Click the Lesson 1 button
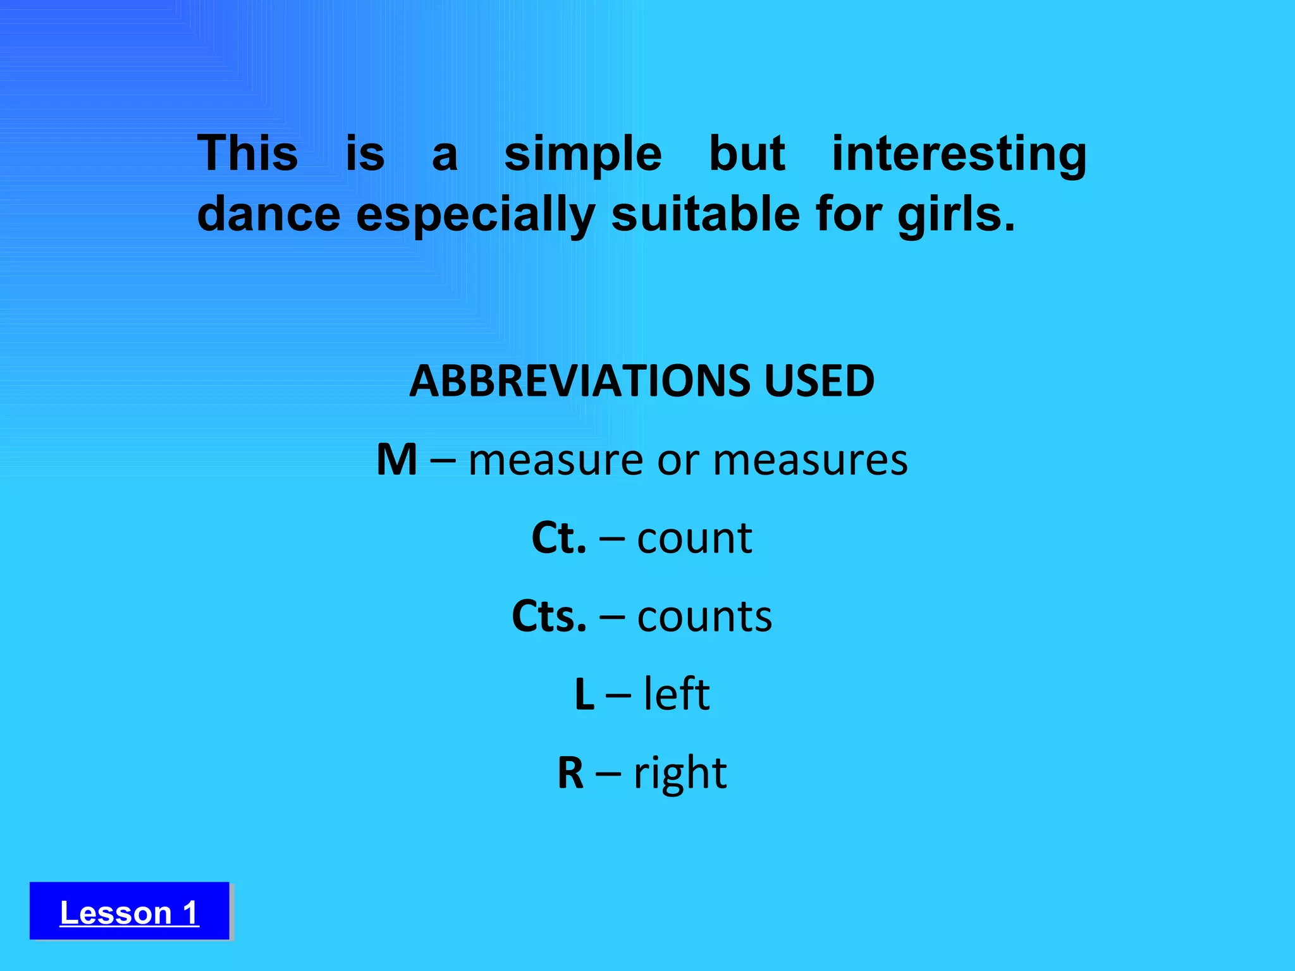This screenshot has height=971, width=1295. [129, 912]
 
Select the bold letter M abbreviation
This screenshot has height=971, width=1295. [396, 460]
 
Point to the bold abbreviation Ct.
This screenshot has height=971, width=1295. [558, 538]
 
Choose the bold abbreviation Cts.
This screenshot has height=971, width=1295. [548, 616]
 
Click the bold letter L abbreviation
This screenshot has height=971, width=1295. [584, 695]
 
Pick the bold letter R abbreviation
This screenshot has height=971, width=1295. [570, 773]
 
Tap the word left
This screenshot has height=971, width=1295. [677, 695]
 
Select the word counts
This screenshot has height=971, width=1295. [704, 616]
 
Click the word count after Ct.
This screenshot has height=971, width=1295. [694, 538]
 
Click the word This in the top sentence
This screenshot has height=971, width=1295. [247, 154]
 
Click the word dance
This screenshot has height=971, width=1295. [269, 214]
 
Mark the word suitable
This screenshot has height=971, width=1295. [706, 214]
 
